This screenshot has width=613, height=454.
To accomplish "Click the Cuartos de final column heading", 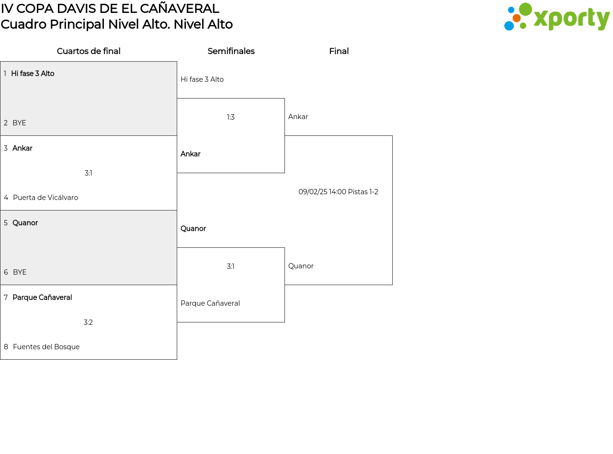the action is (x=89, y=51).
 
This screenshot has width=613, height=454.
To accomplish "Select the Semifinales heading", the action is (x=231, y=51).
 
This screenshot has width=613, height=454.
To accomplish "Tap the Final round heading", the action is (x=339, y=51).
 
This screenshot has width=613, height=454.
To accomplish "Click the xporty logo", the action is (x=556, y=17).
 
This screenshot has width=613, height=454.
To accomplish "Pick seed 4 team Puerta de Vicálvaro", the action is (x=45, y=198).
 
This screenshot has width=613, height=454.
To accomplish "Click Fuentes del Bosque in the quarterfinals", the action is (x=46, y=346).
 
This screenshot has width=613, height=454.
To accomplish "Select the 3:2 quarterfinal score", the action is (x=88, y=322).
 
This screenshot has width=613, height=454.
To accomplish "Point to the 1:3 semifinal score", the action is (x=230, y=117).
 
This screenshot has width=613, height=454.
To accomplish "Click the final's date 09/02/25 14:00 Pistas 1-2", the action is (x=338, y=192).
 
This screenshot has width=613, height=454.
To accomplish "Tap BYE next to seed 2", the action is (x=19, y=123).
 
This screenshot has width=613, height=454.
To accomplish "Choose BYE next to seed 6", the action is (x=20, y=272).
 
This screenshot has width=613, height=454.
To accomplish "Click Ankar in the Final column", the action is (x=298, y=117).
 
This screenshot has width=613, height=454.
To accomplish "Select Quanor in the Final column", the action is (x=301, y=266).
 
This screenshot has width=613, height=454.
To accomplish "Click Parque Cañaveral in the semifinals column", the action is (x=210, y=303).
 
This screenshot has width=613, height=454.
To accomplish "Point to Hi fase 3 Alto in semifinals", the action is (x=202, y=79).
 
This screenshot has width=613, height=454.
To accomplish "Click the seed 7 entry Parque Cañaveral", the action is (x=42, y=298).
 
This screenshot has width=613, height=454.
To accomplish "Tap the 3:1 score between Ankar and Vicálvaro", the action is (x=88, y=173).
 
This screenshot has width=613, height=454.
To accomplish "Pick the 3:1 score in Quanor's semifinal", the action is (x=230, y=266).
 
